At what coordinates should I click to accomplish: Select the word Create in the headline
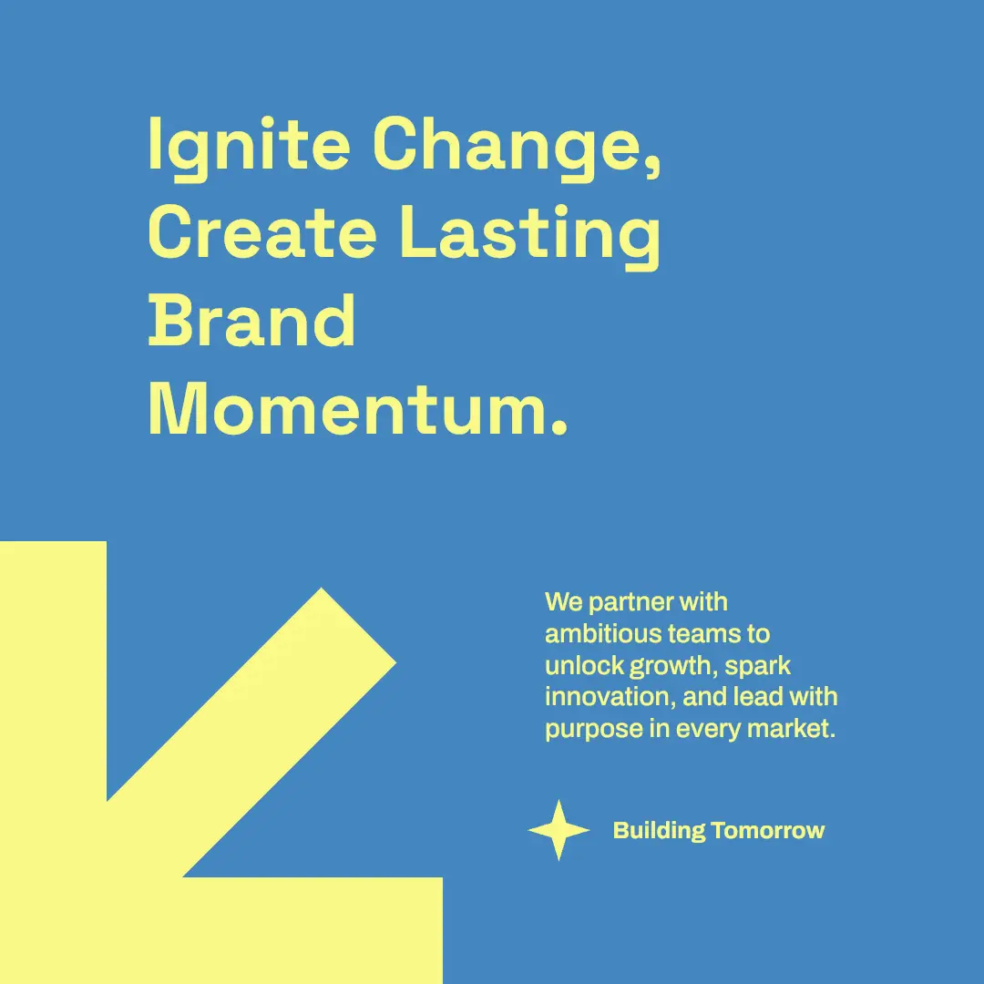(262, 231)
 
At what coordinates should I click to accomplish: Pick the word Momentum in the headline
(349, 408)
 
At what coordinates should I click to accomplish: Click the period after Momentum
(559, 427)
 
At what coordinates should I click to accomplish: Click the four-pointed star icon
(559, 830)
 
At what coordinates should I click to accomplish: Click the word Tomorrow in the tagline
(768, 830)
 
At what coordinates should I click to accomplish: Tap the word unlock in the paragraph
(584, 665)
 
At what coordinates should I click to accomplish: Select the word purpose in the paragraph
(594, 730)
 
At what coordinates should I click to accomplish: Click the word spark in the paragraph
(757, 666)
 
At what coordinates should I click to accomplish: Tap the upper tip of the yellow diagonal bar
(322, 588)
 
